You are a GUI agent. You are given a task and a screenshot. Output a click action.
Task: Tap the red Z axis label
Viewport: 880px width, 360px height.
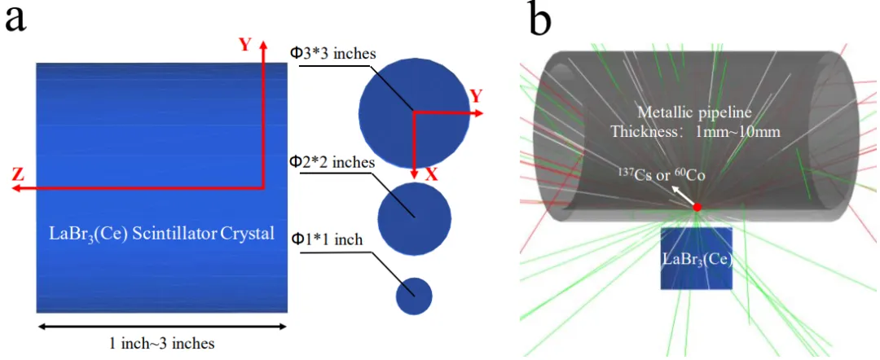(x=19, y=175)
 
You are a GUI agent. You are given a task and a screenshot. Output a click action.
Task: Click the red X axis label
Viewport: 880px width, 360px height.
(x=431, y=175)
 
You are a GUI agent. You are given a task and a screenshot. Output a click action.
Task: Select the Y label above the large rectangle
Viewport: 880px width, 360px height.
(x=244, y=45)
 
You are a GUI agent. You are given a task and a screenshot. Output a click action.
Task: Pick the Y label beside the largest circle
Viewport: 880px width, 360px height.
(x=476, y=96)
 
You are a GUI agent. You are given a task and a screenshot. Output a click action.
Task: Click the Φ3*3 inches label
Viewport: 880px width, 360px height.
(x=332, y=54)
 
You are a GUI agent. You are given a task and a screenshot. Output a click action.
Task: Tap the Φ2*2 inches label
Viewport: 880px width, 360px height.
(x=331, y=163)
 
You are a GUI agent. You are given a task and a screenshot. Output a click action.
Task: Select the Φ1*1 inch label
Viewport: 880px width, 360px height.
(x=326, y=240)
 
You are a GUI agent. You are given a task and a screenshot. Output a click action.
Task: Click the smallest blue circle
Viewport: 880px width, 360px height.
(x=414, y=296)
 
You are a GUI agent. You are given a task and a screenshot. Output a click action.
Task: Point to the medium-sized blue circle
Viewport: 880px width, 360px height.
(x=414, y=219)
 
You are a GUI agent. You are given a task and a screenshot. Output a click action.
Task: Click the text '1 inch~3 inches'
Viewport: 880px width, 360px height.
(x=161, y=343)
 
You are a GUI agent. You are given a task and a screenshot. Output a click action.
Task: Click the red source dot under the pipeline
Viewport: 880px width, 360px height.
(x=697, y=207)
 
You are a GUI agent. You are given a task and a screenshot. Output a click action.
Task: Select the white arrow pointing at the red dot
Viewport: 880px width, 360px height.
(x=680, y=197)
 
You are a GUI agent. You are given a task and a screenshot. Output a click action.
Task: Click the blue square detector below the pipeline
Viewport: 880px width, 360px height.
(x=697, y=258)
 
